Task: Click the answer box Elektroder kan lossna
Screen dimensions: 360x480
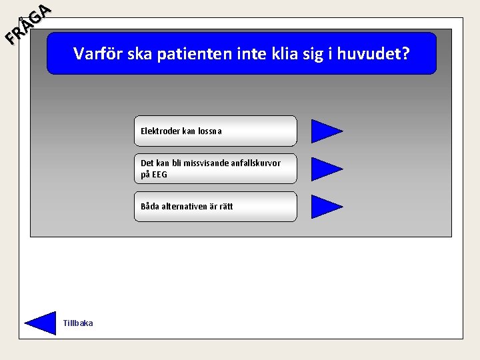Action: coord(215,131)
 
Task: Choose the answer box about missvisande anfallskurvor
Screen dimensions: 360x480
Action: coord(215,169)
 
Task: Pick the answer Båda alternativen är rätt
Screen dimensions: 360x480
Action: coord(215,207)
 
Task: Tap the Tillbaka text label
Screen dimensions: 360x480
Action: coord(78,323)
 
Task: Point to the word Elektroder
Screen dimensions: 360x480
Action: coord(160,131)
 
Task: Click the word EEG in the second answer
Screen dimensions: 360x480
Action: coord(159,175)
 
